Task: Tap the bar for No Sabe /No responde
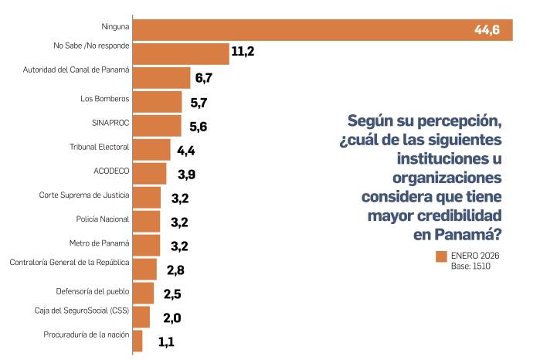(181, 53)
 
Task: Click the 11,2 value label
(242, 53)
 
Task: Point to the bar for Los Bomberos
(157, 102)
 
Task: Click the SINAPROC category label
(109, 121)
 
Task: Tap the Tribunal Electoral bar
(151, 149)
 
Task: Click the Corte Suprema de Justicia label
(84, 195)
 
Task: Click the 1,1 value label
(166, 341)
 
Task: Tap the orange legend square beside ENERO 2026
(442, 256)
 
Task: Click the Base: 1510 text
(471, 267)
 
